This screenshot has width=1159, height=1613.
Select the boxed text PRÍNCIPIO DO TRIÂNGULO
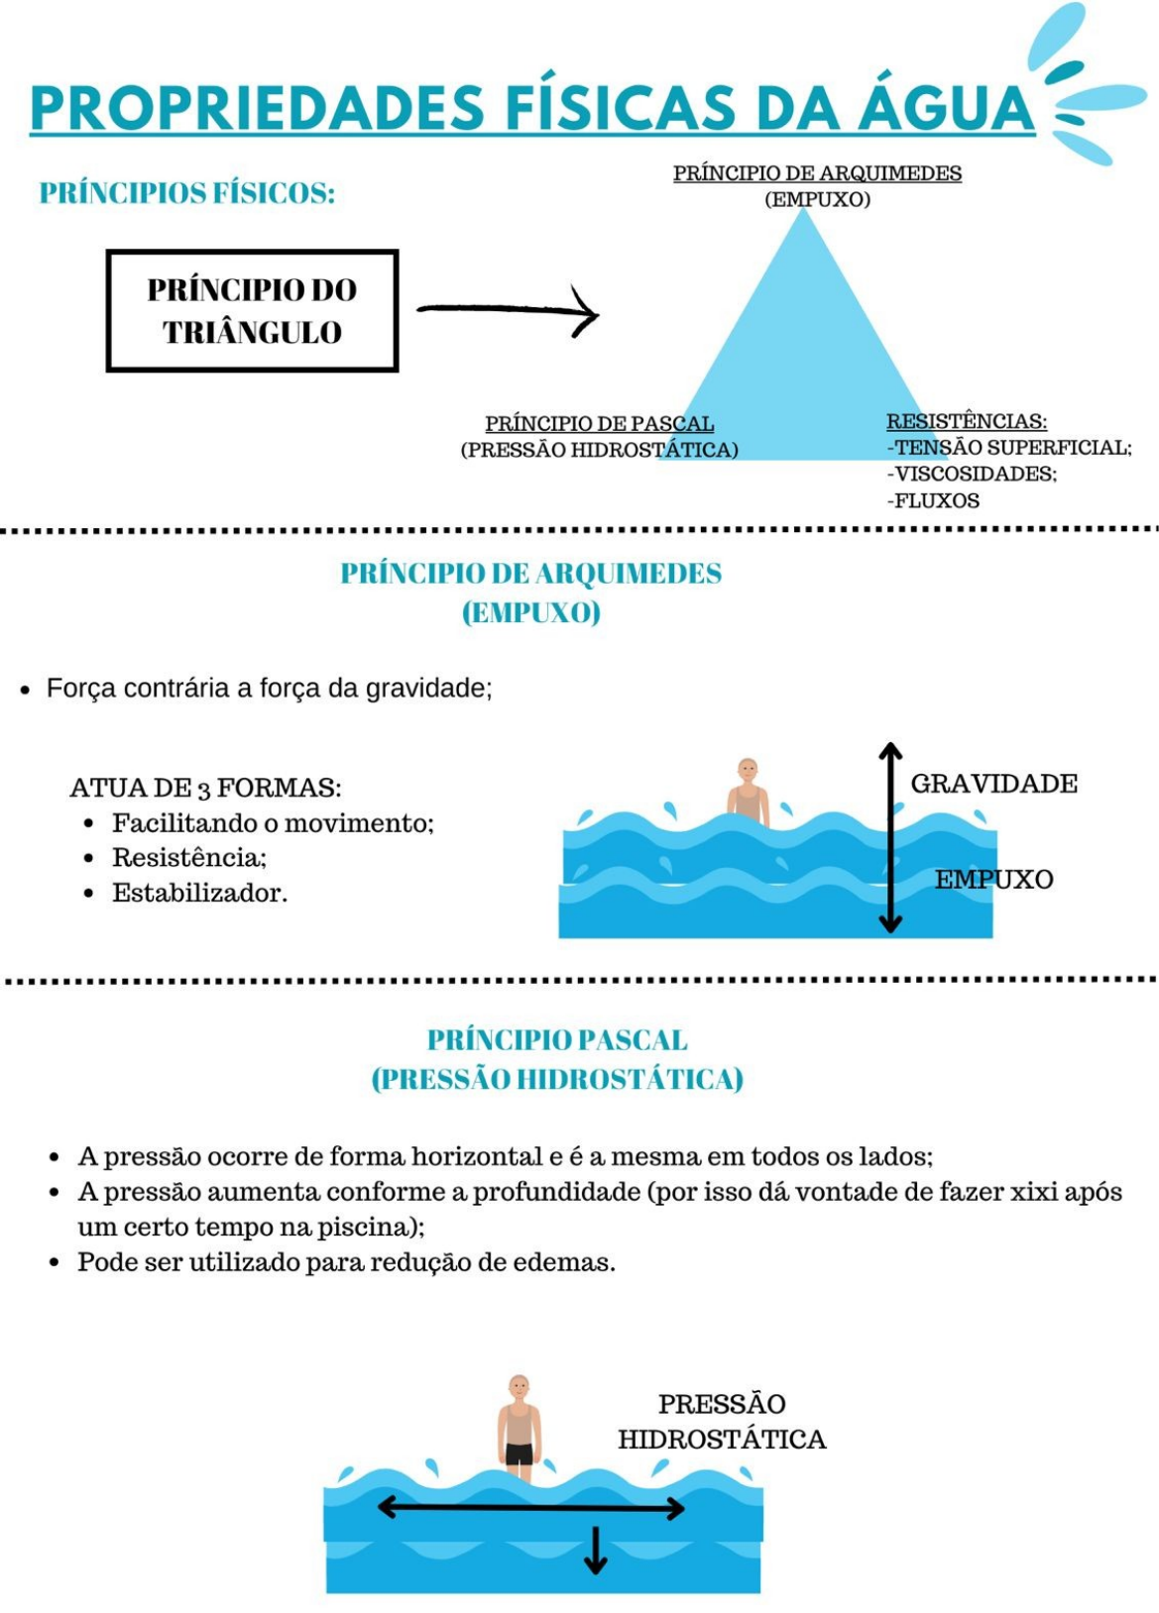click(x=252, y=311)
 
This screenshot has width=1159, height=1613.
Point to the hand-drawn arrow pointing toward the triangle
click(x=508, y=310)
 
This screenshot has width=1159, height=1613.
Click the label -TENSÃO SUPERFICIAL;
click(x=1009, y=448)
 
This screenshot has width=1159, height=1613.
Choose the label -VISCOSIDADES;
click(x=972, y=474)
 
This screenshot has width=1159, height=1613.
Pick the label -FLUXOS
click(x=933, y=500)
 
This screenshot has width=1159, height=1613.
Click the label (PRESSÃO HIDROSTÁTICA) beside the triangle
click(x=599, y=450)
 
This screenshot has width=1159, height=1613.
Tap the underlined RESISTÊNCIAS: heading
click(x=967, y=421)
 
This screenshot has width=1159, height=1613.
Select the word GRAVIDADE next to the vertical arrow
click(x=993, y=784)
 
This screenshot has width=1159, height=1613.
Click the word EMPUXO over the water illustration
click(x=993, y=879)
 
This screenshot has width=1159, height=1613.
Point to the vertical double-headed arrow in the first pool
click(x=890, y=837)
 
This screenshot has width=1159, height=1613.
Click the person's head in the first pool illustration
click(x=748, y=770)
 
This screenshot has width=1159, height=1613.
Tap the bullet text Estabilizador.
click(x=199, y=893)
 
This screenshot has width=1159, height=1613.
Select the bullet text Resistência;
click(x=189, y=857)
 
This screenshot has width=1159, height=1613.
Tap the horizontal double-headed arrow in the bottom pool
click(x=530, y=1508)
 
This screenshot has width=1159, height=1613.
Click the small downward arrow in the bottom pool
click(x=595, y=1551)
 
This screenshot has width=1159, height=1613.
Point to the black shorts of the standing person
click(x=519, y=1453)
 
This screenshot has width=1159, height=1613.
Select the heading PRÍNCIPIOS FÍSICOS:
click(x=187, y=192)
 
